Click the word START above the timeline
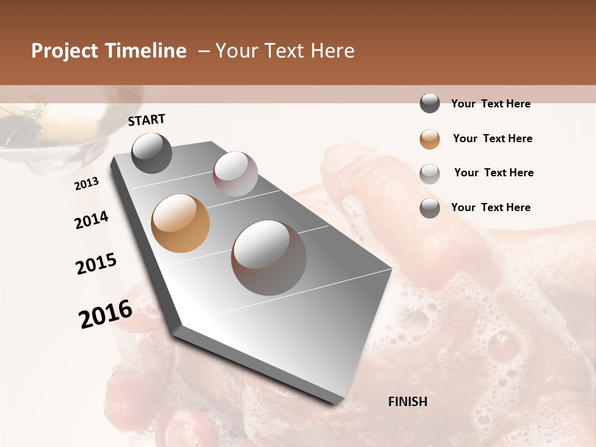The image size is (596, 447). pos(147,120)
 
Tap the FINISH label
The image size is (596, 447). pos(408,402)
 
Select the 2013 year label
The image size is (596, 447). pos(86,184)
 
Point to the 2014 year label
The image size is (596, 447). pos(91,220)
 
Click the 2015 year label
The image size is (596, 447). pos(96,264)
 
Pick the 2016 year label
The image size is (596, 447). pos(106,314)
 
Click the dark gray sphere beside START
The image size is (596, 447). pos(152,153)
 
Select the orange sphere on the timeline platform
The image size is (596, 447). pos(181,223)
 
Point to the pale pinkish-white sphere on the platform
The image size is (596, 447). pos(235,174)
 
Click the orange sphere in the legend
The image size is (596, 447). pos(430,139)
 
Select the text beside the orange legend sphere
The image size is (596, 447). pos(492,138)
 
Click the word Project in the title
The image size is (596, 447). pos(64,51)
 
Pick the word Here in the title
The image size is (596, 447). pos(332,51)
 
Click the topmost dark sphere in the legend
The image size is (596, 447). pos(430,104)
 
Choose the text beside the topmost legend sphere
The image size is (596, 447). pos(490,104)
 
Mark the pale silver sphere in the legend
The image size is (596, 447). pos(430,174)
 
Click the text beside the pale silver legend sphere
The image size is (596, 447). pos(494,173)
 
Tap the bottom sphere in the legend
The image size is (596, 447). pos(430,208)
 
